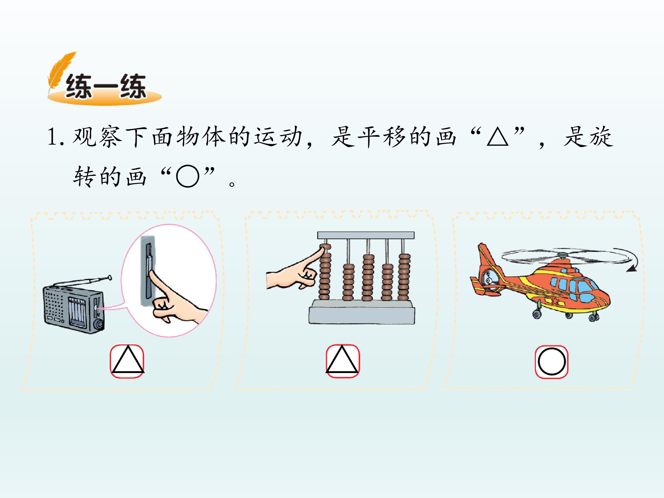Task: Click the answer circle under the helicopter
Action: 552,362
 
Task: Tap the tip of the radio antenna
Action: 110,278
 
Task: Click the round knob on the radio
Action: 99,324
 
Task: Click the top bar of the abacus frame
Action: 366,235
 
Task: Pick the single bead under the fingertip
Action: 325,247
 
